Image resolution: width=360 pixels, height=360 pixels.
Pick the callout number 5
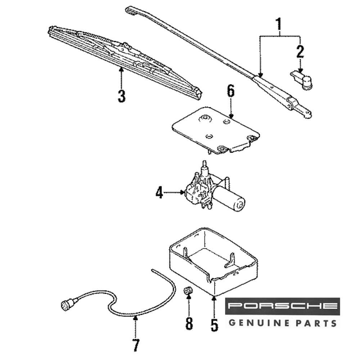pos(214,325)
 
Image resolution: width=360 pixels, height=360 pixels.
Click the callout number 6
pos(230,92)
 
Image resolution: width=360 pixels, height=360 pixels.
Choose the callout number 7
pos(136,345)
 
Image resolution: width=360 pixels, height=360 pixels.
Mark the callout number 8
pos(189,323)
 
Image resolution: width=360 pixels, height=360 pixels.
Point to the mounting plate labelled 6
pos(216,130)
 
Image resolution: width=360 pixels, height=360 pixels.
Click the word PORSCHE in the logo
pos(283,306)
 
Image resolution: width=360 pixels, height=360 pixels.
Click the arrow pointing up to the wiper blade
pos(122,76)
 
